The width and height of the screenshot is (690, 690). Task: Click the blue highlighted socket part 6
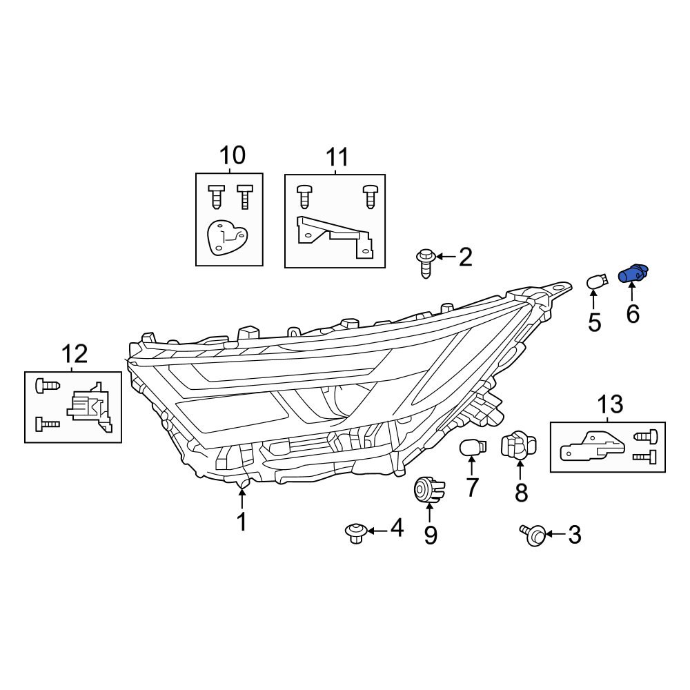point(633,274)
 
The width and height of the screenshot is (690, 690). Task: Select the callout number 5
point(594,322)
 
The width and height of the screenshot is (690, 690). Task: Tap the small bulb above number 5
point(596,282)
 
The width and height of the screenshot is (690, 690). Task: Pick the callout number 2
point(466,257)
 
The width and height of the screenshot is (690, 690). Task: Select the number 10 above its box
point(232,155)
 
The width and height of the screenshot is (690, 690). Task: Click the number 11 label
point(337,158)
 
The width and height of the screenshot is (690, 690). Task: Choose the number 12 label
point(75,354)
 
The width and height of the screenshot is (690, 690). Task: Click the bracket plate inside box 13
point(592,446)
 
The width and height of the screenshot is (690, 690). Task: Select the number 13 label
point(610,404)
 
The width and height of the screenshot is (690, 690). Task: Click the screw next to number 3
point(533,534)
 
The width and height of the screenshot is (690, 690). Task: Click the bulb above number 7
point(471,447)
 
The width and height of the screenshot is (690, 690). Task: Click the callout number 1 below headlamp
point(241,522)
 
